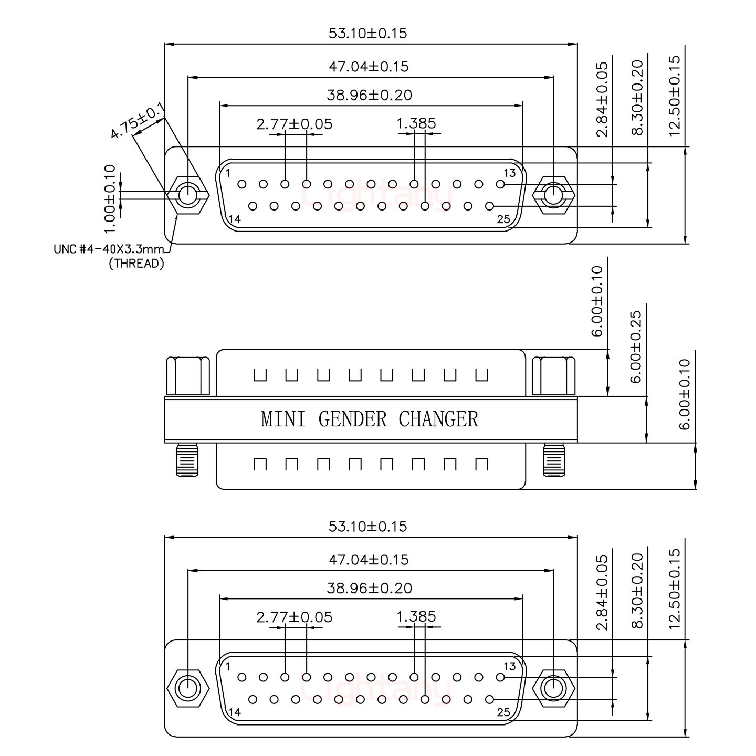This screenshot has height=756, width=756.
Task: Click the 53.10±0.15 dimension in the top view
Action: pos(367,34)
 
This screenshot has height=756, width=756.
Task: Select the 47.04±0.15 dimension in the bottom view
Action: pos(369,560)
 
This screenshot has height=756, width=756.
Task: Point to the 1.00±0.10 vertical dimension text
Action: pos(109,198)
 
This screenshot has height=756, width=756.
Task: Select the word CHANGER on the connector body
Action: pos(438,419)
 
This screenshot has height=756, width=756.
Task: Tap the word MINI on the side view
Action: pos(283,419)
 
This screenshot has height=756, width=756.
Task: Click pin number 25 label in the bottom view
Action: pos(503,712)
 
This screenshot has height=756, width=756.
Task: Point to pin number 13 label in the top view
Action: pos(509,173)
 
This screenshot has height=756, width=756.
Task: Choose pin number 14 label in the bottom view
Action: pos(235,712)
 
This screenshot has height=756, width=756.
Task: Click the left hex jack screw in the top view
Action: pos(187,196)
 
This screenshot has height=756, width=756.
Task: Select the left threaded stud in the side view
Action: pos(187,460)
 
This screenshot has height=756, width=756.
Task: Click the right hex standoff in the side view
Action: pos(554,376)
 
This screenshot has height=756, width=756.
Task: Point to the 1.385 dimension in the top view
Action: pos(416,124)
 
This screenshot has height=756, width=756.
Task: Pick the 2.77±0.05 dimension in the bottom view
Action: pos(294,617)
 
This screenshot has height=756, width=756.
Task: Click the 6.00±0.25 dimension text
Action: pos(636,346)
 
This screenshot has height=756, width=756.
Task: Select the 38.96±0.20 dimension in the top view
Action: pos(369,96)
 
